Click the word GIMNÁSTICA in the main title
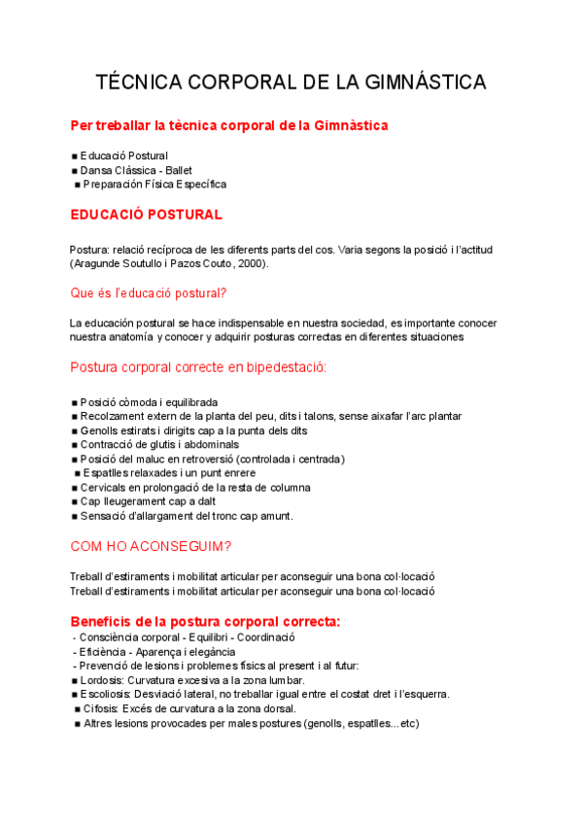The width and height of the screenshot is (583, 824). (x=429, y=83)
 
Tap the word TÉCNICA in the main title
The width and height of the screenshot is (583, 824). (x=135, y=83)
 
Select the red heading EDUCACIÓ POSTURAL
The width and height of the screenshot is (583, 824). (x=146, y=214)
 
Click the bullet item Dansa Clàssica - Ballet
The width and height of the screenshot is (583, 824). (x=137, y=170)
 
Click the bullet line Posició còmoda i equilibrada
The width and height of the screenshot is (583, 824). (x=149, y=402)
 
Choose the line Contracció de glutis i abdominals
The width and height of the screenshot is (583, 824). (x=161, y=444)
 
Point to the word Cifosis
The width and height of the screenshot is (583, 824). (x=103, y=708)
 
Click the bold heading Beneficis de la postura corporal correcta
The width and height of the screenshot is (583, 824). (x=205, y=621)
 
